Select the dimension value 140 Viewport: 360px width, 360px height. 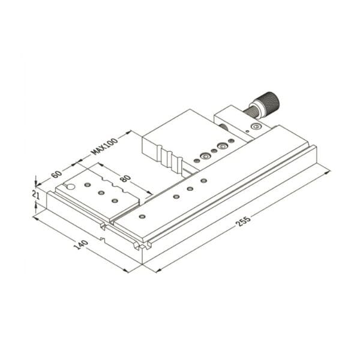pos(81,245)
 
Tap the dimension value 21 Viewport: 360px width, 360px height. pos(36,195)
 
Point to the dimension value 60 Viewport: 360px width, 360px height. pos(56,174)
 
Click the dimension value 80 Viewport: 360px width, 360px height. pos(125,178)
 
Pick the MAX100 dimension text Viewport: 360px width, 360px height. pos(104,146)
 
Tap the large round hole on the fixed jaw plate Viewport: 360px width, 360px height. pos(71,187)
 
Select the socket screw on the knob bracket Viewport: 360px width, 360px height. pos(256,126)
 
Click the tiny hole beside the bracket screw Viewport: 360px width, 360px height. pos(247,131)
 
